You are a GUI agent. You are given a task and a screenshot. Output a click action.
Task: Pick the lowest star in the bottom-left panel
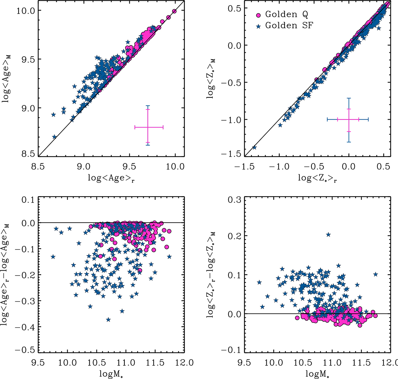pos(108,320)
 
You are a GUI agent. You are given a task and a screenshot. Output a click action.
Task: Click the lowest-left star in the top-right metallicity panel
pos(254,147)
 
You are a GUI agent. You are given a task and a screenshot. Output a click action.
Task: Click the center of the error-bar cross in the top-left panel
pos(148,127)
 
